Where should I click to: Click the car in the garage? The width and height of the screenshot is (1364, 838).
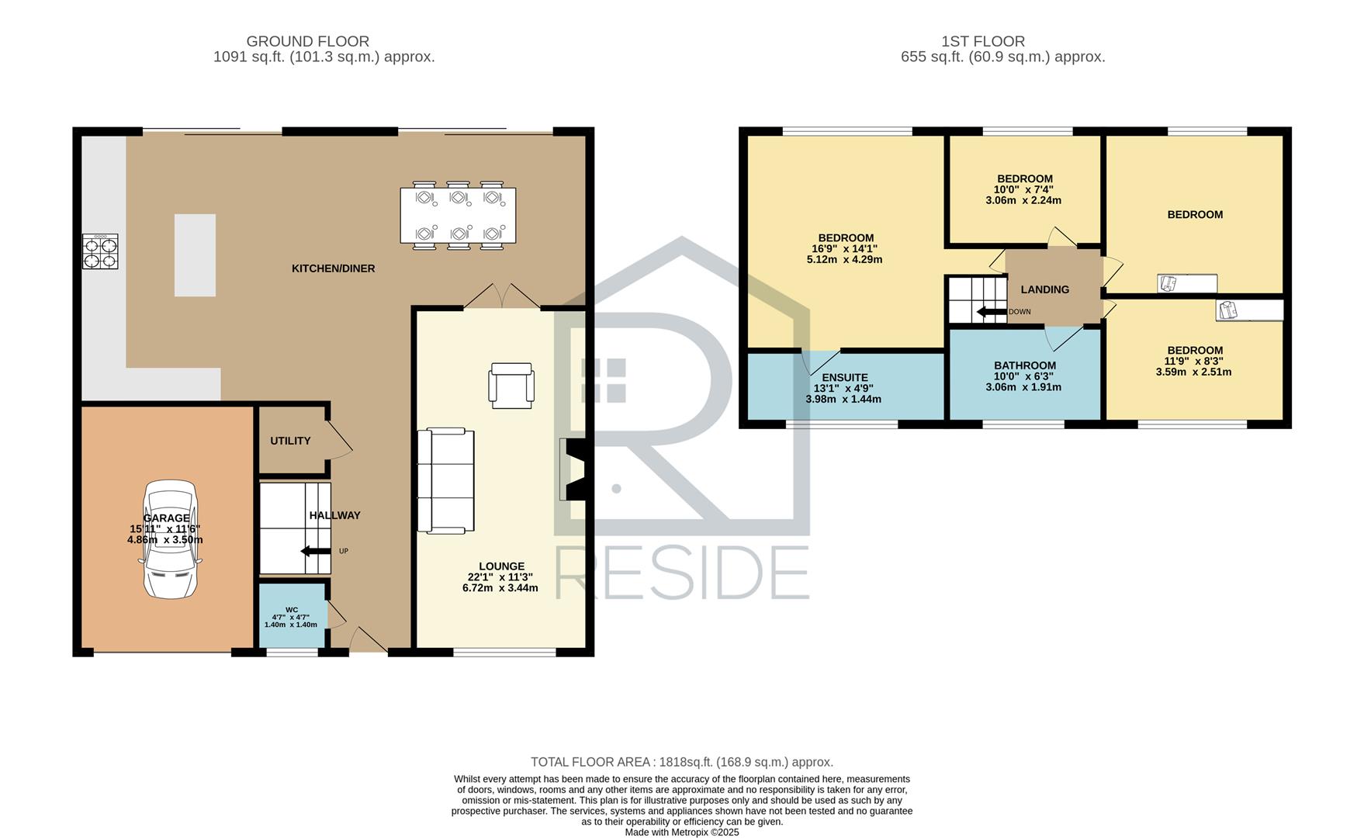click(171, 539)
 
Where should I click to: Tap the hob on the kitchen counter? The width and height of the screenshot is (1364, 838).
click(100, 251)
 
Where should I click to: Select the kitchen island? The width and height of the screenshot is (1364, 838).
click(195, 255)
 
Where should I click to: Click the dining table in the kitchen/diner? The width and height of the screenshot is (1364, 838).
click(458, 215)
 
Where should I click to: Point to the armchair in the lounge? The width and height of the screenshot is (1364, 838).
click(511, 385)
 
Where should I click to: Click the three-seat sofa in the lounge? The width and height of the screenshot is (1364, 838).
click(445, 480)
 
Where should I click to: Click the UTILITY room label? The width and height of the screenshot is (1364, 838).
click(290, 441)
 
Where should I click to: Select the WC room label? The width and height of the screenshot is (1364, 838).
click(292, 609)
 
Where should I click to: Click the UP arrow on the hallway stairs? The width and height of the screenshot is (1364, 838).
click(316, 552)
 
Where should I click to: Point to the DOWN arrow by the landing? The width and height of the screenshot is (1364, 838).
click(991, 312)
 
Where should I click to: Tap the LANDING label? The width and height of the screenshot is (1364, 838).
click(1044, 289)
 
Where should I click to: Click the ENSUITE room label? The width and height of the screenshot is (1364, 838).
click(845, 378)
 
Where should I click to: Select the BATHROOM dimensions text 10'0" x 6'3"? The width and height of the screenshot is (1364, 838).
click(1023, 376)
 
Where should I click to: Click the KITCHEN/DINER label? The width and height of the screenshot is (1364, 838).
click(333, 268)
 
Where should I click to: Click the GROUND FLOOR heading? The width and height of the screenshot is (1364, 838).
click(308, 41)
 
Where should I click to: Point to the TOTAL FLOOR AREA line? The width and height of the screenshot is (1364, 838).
click(682, 762)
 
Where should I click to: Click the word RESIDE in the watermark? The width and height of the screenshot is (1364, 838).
click(682, 573)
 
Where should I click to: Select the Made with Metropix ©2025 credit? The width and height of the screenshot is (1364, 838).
click(682, 832)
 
